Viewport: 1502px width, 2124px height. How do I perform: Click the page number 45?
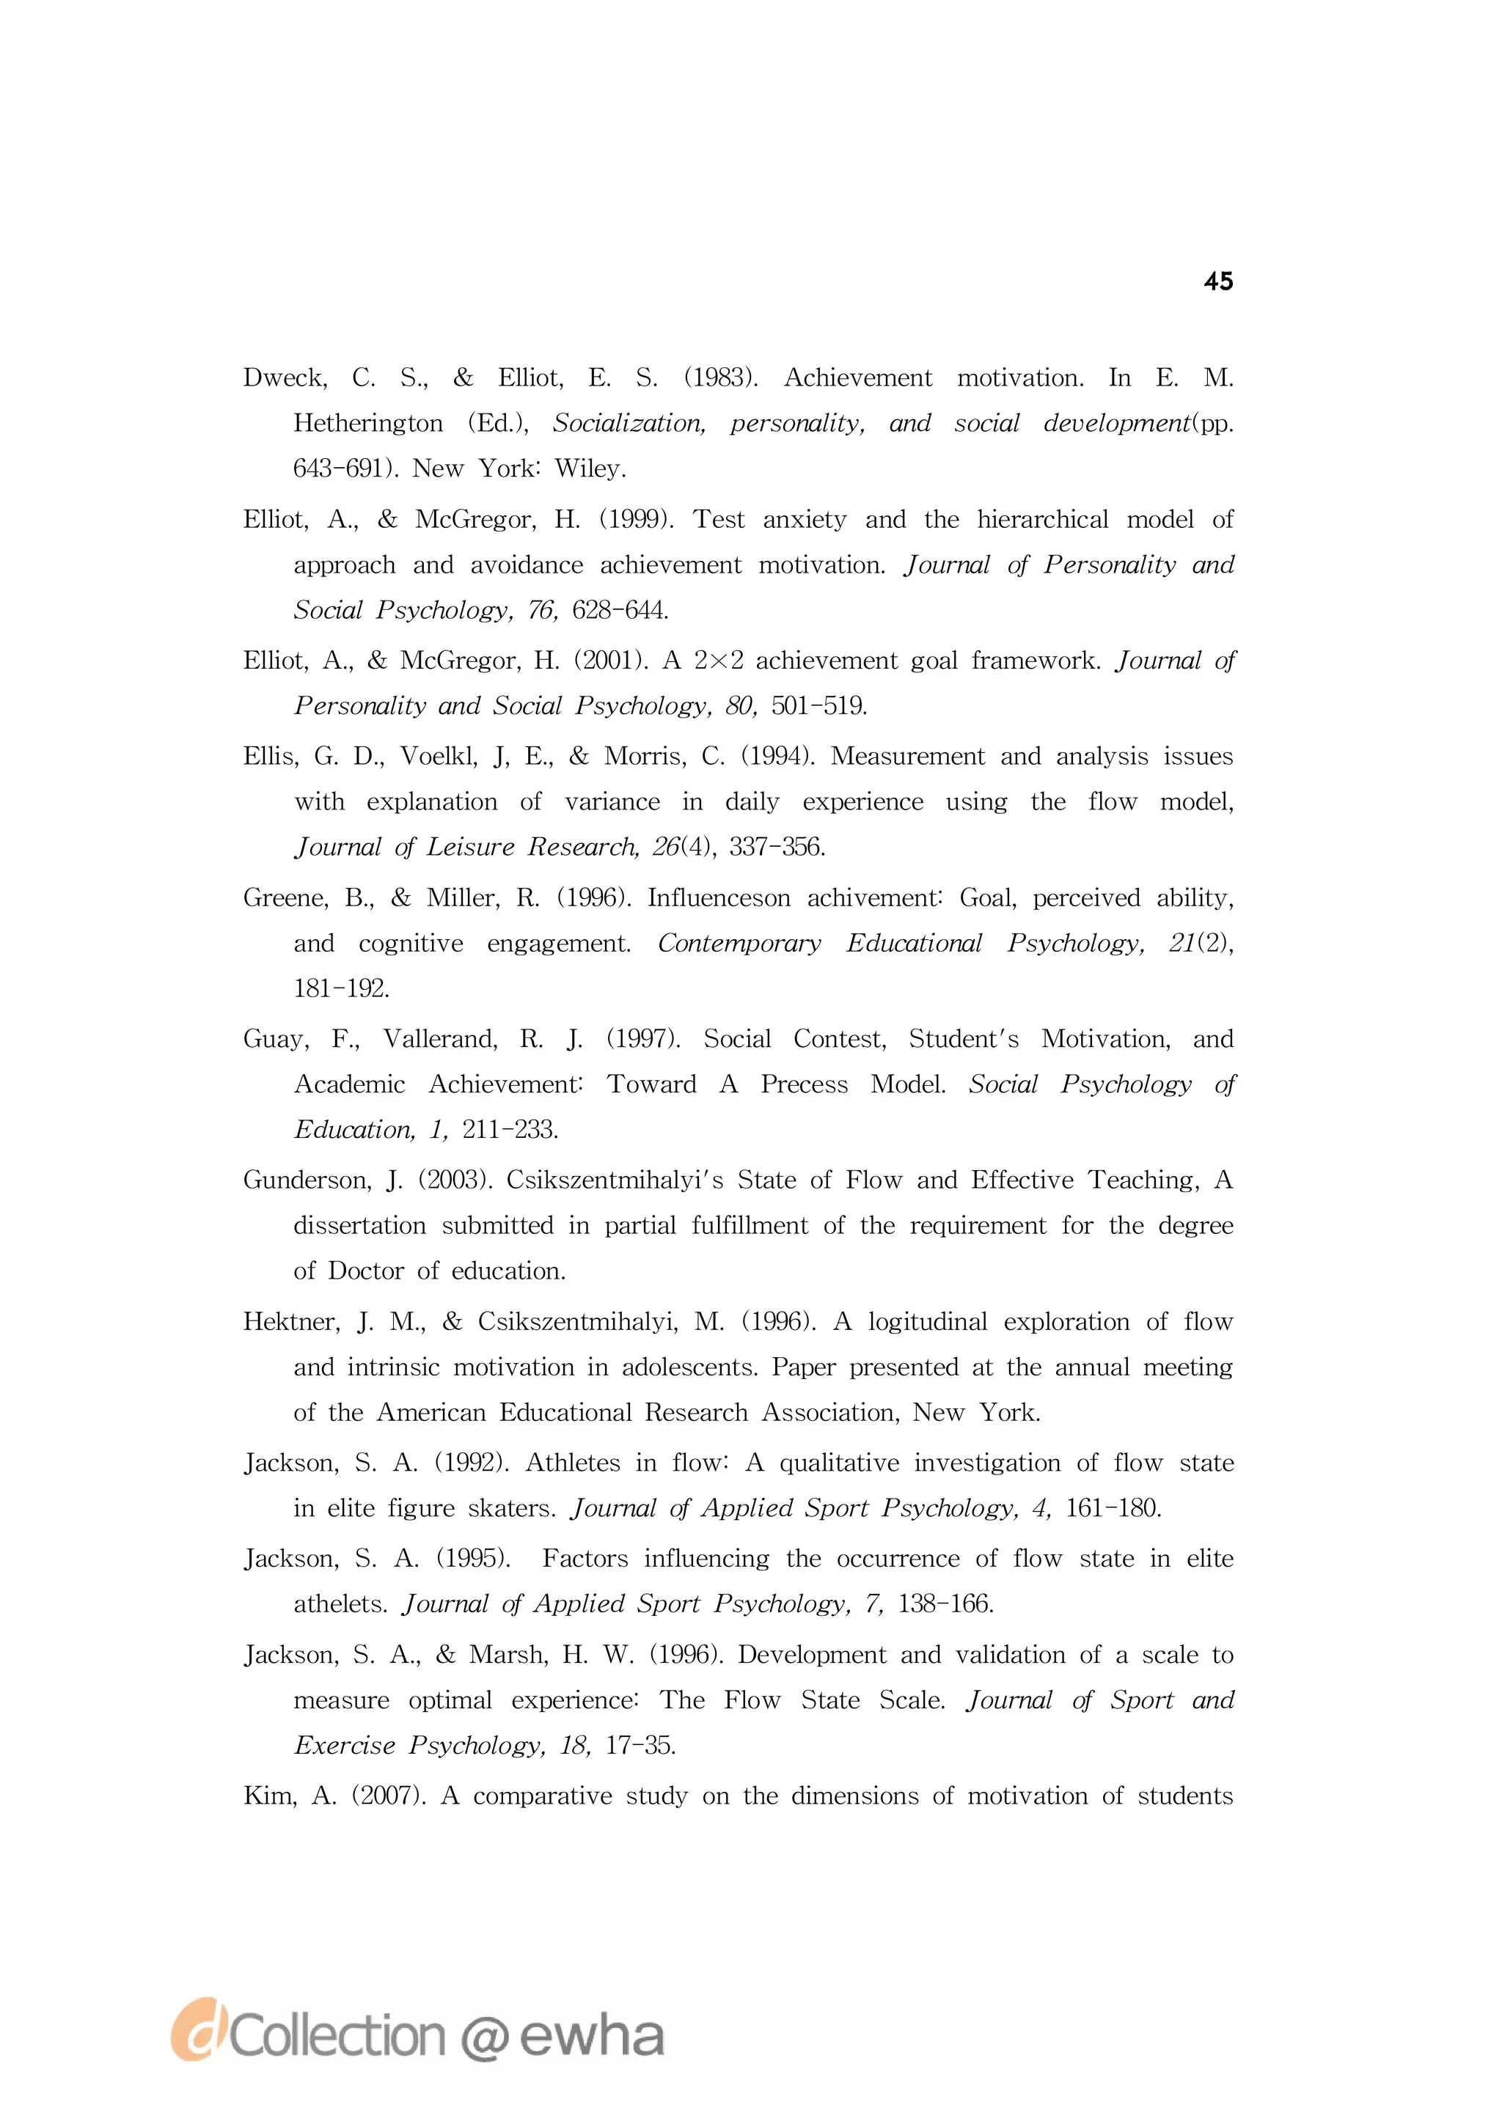[1218, 282]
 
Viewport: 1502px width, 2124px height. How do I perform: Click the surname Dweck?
[284, 378]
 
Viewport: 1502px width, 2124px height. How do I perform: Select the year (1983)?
[721, 378]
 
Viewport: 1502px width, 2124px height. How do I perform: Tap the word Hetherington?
[368, 423]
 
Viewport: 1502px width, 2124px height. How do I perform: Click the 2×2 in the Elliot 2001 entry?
[718, 661]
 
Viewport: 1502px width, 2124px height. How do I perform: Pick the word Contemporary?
[739, 943]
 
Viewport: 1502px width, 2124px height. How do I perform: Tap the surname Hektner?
[290, 1321]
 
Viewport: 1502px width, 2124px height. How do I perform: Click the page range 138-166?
[945, 1603]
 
